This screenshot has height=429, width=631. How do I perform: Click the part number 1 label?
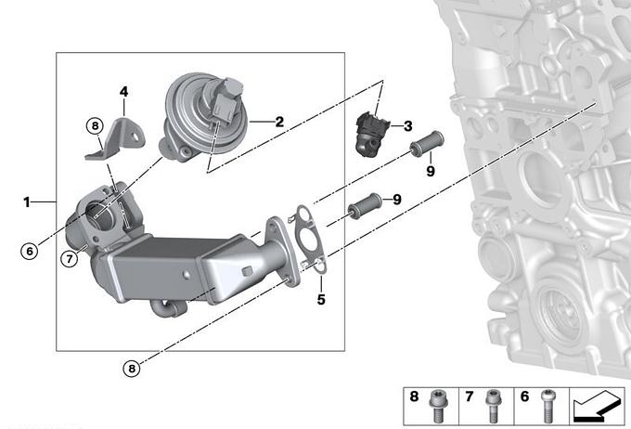(x=27, y=202)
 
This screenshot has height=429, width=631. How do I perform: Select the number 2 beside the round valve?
(x=279, y=122)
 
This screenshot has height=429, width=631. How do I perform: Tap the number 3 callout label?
(x=408, y=126)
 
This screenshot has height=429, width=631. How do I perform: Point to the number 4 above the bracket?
(x=124, y=92)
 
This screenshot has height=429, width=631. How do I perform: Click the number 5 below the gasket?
(x=321, y=299)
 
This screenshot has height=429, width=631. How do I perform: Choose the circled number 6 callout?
(x=30, y=252)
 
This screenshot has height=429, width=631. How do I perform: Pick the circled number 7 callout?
(x=70, y=259)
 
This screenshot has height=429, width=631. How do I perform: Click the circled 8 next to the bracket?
(x=95, y=126)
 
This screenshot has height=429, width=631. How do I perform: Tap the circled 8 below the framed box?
(x=132, y=368)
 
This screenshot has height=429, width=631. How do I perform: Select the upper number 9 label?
(x=431, y=171)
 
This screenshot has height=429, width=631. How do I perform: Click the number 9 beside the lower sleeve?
(x=397, y=200)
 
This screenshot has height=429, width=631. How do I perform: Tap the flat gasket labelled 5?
(x=309, y=240)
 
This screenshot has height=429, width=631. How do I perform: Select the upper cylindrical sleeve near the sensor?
(x=427, y=143)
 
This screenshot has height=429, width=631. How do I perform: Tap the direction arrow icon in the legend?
(x=597, y=407)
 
